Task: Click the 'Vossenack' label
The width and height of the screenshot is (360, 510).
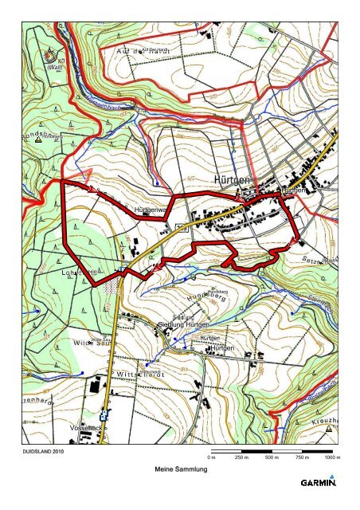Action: [x=88, y=429]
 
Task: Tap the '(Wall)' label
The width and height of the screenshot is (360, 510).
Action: [x=54, y=68]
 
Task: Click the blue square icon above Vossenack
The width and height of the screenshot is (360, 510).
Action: [x=103, y=415]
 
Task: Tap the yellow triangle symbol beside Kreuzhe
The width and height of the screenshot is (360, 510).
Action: [x=329, y=427]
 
